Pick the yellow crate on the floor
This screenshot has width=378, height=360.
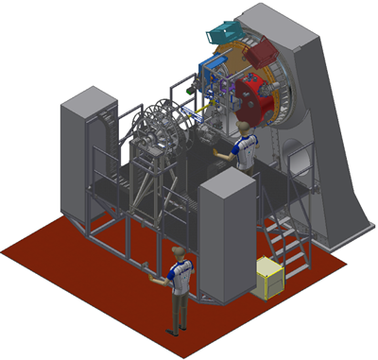click(x=271, y=278)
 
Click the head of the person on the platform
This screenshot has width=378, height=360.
click(x=244, y=127)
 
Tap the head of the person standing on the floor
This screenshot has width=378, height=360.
click(x=177, y=251)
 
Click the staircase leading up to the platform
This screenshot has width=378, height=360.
click(x=288, y=241)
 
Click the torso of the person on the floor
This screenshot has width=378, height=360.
click(x=179, y=277)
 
